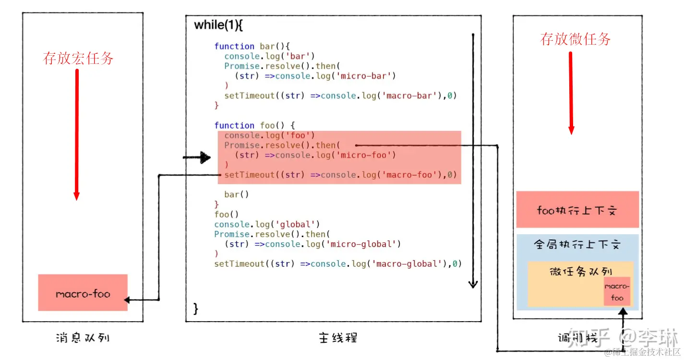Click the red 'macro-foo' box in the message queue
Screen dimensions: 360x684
(83, 293)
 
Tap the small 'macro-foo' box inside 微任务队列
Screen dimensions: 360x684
(617, 291)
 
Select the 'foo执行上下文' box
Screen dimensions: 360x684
(577, 210)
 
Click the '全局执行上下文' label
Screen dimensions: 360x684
(577, 244)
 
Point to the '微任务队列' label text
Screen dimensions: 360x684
(580, 271)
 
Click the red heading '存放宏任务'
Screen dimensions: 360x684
(78, 59)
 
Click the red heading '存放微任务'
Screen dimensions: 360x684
(575, 39)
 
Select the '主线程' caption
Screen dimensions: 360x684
(337, 337)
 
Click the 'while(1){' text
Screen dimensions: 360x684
(218, 25)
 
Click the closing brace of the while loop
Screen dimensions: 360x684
(196, 309)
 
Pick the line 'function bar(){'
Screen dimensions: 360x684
(252, 46)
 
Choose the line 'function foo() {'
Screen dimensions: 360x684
(254, 125)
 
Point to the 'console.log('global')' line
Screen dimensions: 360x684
(267, 224)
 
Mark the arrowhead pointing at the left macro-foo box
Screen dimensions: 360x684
(127, 300)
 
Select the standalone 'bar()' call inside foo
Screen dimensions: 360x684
(237, 194)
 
